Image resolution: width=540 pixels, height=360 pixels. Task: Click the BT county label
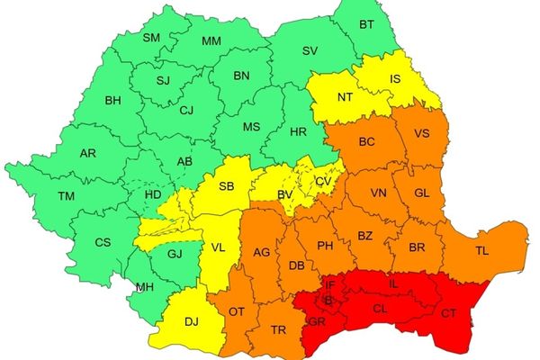click(x=365, y=24)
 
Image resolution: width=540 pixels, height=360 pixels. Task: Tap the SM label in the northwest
click(x=151, y=37)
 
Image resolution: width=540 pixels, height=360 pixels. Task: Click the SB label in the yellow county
click(x=228, y=185)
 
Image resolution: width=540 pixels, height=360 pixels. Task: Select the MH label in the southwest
click(x=144, y=287)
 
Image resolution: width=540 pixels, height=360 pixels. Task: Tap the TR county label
click(x=279, y=330)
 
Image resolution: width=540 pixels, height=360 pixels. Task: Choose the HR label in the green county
click(x=299, y=131)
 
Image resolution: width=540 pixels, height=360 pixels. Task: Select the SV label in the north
click(x=310, y=50)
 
